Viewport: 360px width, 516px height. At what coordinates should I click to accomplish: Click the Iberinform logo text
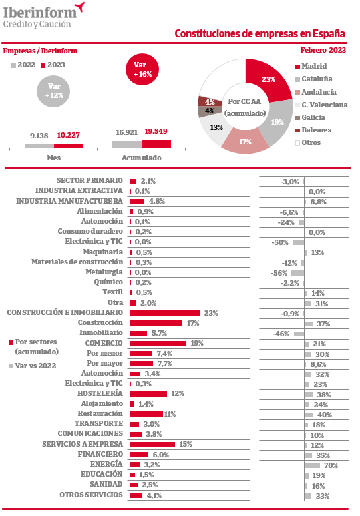[40, 13]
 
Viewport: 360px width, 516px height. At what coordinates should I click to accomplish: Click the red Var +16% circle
[142, 69]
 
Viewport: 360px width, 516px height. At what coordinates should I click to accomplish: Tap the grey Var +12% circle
[53, 91]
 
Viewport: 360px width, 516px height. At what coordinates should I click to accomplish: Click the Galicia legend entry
[310, 117]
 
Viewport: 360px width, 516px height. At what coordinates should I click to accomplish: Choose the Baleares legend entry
[313, 130]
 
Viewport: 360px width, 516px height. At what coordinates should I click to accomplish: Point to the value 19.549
[156, 131]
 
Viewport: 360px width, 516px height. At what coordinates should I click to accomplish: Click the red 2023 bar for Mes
[69, 146]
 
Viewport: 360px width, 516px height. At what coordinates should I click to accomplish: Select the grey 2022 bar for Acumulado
[127, 144]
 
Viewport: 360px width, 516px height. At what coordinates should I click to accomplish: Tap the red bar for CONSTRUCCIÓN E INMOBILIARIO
[165, 313]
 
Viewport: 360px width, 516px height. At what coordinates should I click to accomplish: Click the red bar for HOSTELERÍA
[148, 394]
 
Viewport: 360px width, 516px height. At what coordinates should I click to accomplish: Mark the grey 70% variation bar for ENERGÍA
[312, 465]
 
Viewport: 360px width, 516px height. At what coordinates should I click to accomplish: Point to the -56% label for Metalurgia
[279, 273]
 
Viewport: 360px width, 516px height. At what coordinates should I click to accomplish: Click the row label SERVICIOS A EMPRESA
[83, 444]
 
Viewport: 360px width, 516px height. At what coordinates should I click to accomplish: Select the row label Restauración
[100, 413]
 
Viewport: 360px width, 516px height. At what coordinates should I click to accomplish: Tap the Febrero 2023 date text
[323, 50]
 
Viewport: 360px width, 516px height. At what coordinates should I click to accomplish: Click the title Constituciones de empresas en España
[260, 33]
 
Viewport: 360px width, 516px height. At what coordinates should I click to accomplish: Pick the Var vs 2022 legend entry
[32, 366]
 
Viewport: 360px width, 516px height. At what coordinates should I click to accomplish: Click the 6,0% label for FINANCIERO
[161, 455]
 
